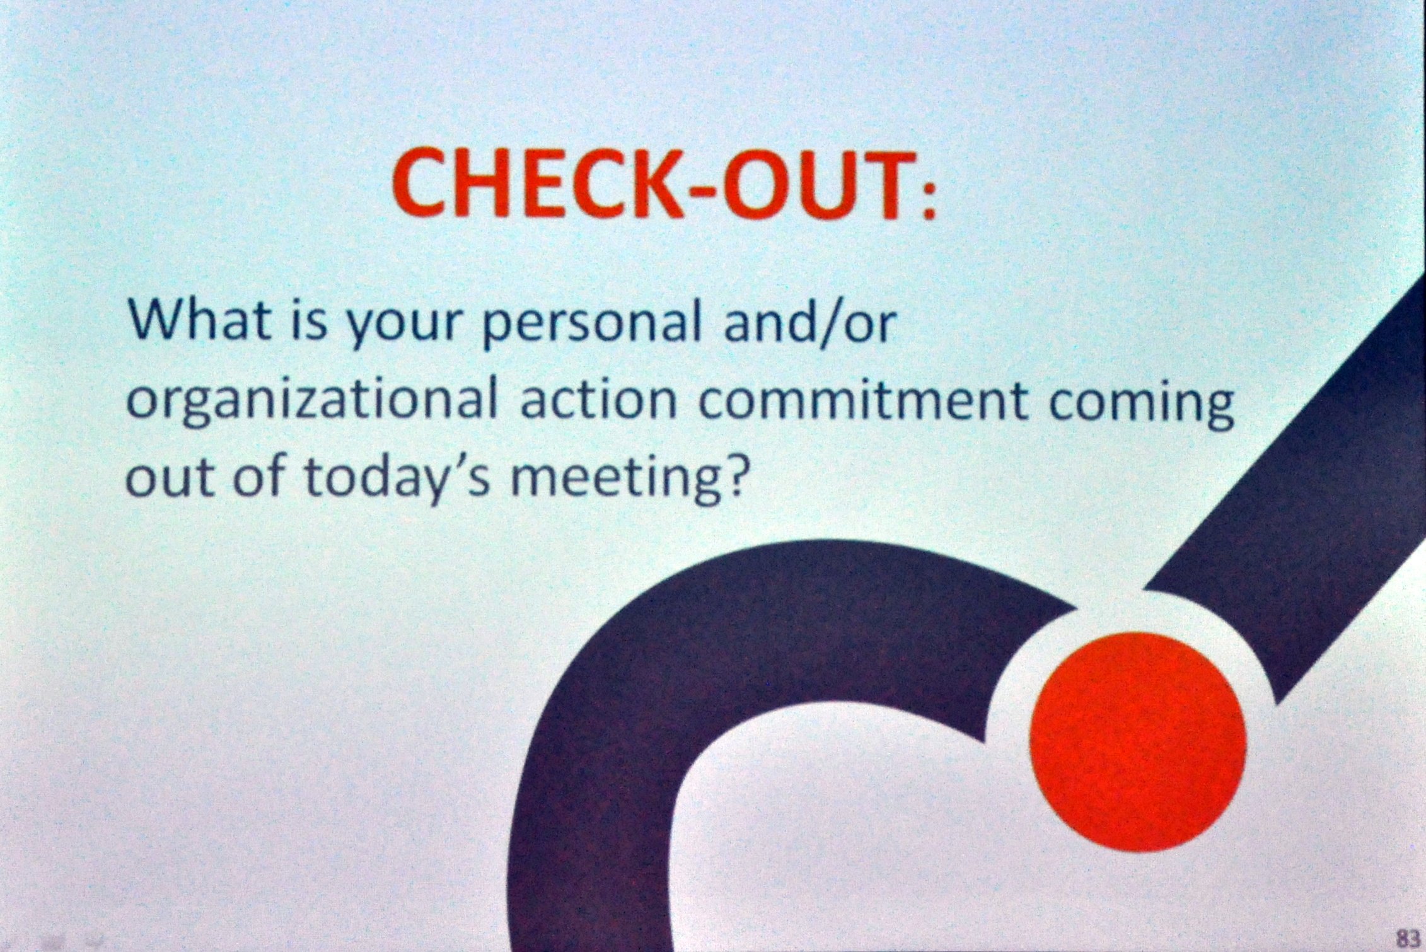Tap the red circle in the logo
1138,741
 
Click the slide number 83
1407,937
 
